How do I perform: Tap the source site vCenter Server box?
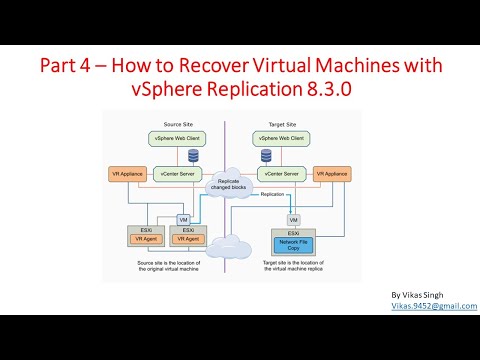coord(179,173)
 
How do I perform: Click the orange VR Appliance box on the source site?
coord(128,173)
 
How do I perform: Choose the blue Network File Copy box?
coord(293,243)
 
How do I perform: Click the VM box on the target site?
coord(293,219)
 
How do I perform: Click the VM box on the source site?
coord(182,220)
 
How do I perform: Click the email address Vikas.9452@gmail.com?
coord(433,307)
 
